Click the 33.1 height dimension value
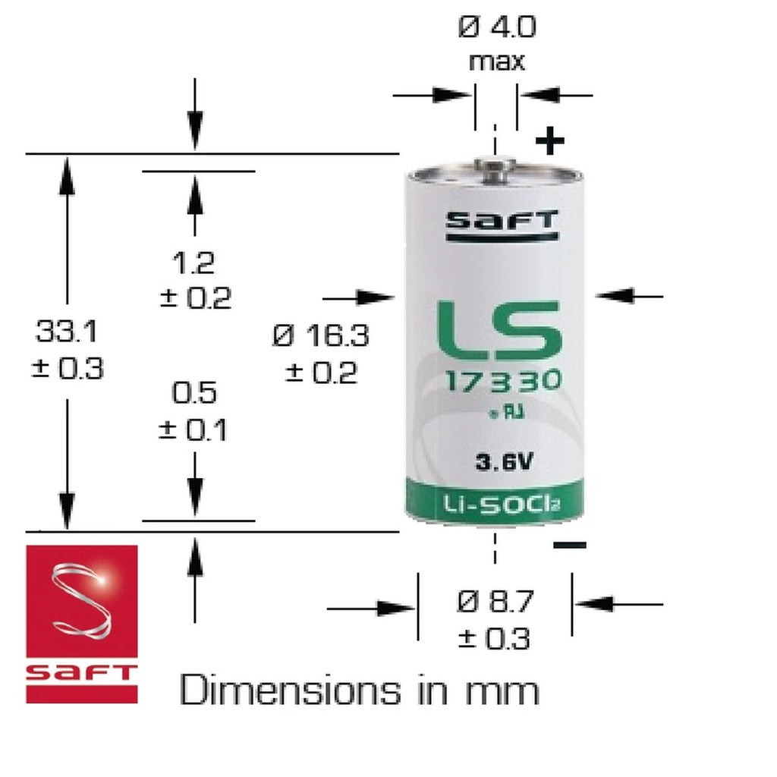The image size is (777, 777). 66,332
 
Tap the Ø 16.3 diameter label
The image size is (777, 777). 321,335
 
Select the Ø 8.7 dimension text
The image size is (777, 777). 496,603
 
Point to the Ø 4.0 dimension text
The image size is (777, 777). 497,28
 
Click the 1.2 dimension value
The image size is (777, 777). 193,263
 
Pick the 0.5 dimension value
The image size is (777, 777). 193,393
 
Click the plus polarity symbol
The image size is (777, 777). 550,141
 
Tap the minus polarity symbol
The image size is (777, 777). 569,545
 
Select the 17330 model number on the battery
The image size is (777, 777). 499,382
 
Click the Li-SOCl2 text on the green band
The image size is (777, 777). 495,502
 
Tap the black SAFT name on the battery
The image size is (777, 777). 501,222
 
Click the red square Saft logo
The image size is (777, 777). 82,623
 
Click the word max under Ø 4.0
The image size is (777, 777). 496,61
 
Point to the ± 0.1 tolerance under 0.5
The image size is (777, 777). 193,430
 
